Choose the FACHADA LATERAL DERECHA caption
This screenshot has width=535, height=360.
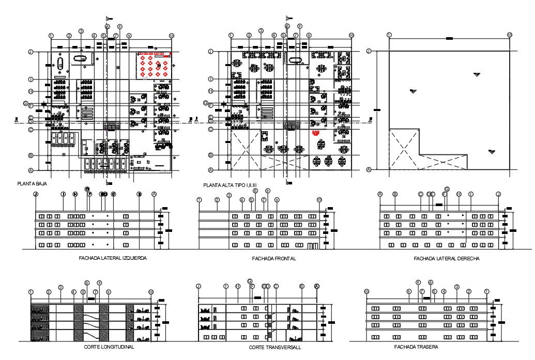[439, 258]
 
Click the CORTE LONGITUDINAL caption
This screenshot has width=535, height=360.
[109, 347]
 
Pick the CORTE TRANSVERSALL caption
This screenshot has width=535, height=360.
[275, 348]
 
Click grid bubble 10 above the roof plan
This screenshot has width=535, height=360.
[510, 35]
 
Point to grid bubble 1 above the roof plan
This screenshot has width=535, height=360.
[389, 35]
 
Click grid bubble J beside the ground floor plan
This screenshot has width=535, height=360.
[31, 52]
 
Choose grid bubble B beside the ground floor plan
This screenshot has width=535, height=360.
[31, 155]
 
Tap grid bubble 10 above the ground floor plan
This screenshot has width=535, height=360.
[172, 35]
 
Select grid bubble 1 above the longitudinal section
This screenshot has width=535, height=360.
[31, 292]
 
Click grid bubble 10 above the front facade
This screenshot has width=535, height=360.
[319, 200]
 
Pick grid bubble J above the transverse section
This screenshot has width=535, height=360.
[198, 286]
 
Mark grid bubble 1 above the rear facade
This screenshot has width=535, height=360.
[486, 291]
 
